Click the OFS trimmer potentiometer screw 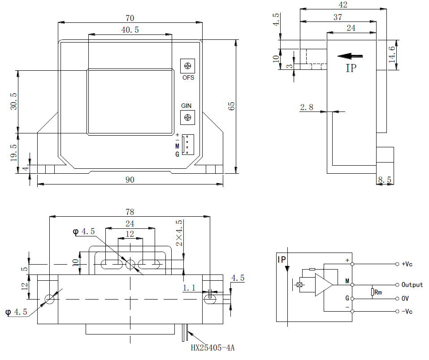point(188,66)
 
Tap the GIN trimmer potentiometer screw point(188,118)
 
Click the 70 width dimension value point(130,18)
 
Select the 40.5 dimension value point(130,30)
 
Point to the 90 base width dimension point(130,180)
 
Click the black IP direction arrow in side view point(350,56)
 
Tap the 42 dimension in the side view point(343,5)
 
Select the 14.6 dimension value point(392,54)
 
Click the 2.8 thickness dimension point(307,107)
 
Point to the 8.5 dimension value point(385,180)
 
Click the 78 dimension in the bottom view point(130,212)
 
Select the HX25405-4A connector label point(212,347)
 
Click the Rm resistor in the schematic point(372,292)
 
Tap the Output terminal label point(412,285)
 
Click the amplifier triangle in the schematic point(323,285)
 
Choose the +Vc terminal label point(407,264)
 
